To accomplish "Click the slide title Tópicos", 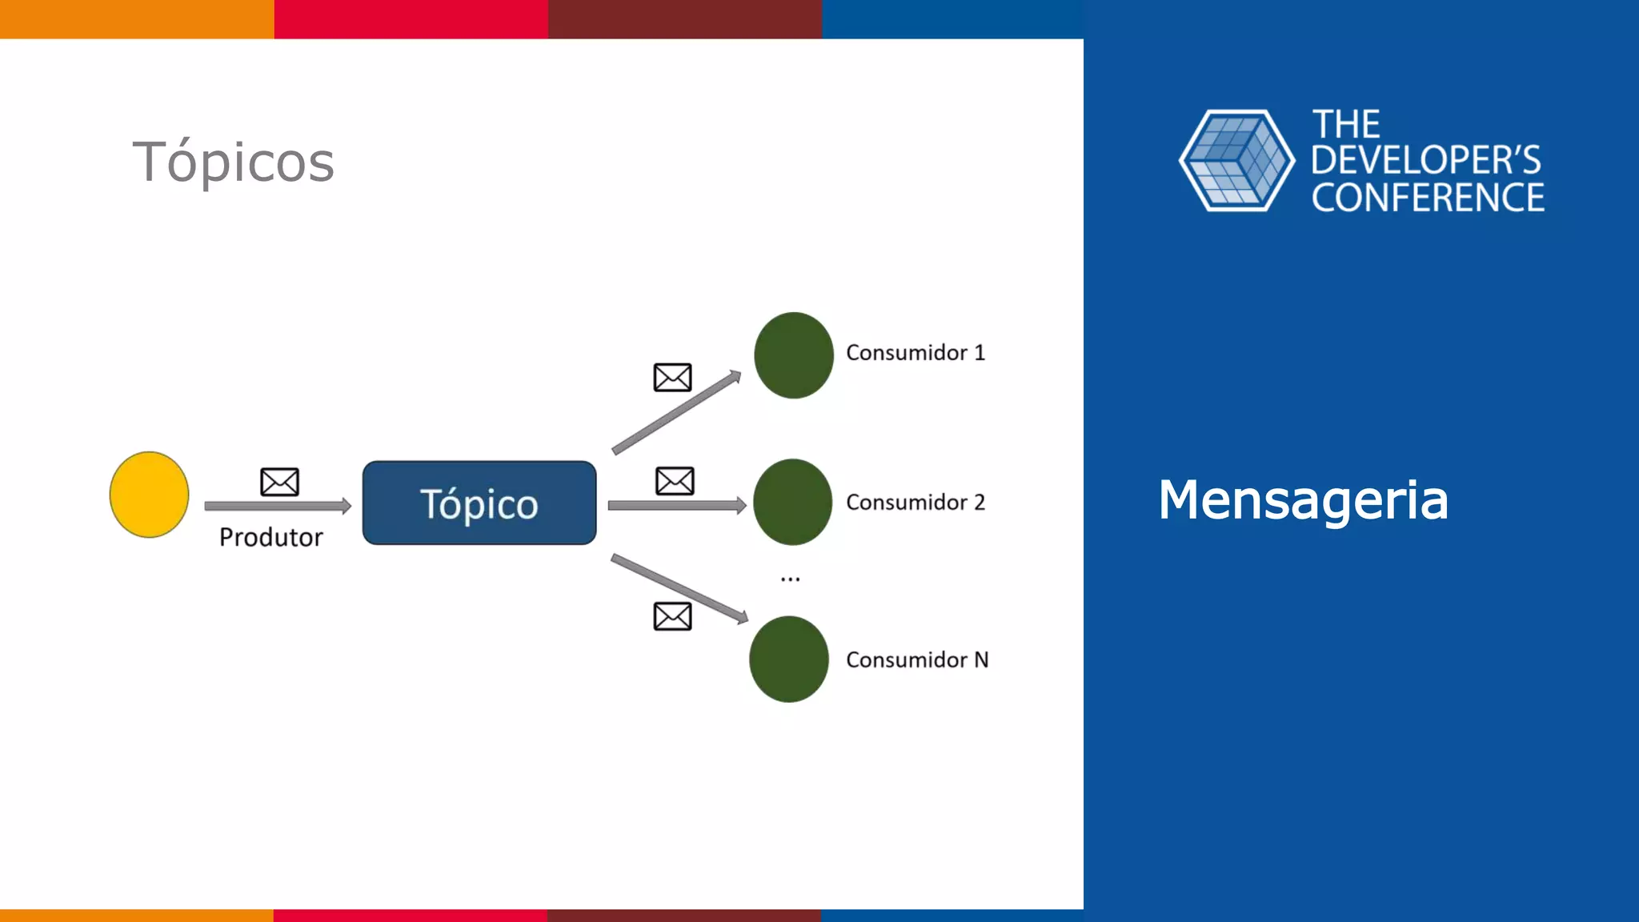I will (x=233, y=162).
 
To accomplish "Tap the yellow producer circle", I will (x=149, y=495).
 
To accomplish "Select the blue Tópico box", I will (x=479, y=503).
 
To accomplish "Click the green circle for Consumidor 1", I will (x=793, y=355).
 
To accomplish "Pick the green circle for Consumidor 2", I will (x=792, y=502).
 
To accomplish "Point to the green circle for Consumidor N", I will (x=788, y=659).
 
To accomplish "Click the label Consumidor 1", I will (x=915, y=353).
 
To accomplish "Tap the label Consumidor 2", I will (x=915, y=503).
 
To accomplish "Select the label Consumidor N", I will (x=916, y=660).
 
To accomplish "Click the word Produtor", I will (x=270, y=537).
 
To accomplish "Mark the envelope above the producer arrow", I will (x=279, y=482).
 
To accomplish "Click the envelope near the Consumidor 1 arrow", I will (x=672, y=377).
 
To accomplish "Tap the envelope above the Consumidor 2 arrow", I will (x=675, y=481).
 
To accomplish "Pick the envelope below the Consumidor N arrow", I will (x=672, y=616).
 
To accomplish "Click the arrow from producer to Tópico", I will (x=277, y=506).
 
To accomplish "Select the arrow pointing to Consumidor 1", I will (x=676, y=412).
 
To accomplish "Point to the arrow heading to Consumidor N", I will (x=679, y=588).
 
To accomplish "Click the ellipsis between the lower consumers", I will (x=790, y=579).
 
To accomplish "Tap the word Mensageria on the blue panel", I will (x=1303, y=500).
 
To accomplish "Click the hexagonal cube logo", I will (x=1236, y=161).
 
